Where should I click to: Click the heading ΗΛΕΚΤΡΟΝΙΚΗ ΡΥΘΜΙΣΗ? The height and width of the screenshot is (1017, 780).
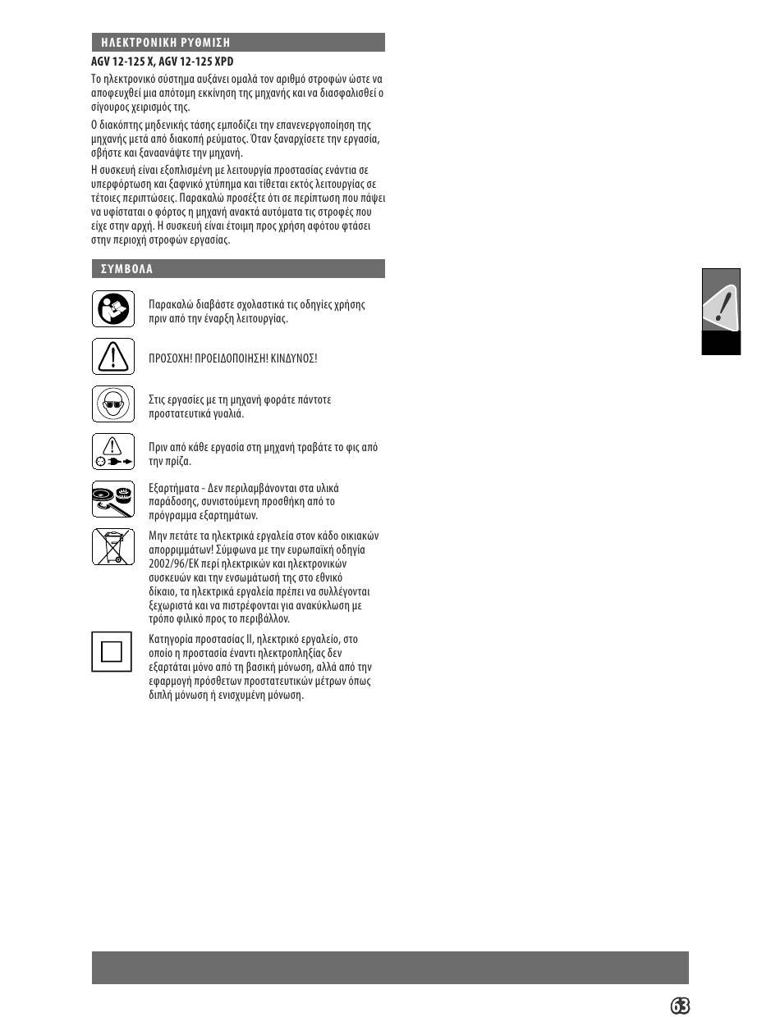tap(165, 43)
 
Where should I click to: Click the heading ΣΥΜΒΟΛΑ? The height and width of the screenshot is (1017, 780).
tap(126, 269)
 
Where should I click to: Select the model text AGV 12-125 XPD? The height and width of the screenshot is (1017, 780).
tap(196, 62)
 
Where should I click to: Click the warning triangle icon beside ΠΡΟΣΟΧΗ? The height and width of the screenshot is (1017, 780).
tap(112, 357)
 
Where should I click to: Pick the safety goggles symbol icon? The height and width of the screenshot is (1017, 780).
tap(112, 404)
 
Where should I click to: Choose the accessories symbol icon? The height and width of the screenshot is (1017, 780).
tap(112, 499)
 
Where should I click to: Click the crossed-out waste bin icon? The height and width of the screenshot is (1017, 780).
tap(112, 546)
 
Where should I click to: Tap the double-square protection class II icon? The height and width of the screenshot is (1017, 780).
tap(112, 651)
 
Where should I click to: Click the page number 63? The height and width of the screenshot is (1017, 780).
tap(679, 1006)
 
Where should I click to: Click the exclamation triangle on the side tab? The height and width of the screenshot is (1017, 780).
tap(721, 305)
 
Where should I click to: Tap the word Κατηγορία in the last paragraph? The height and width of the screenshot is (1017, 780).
tap(172, 639)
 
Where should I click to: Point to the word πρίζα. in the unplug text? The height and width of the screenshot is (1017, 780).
tap(179, 462)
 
